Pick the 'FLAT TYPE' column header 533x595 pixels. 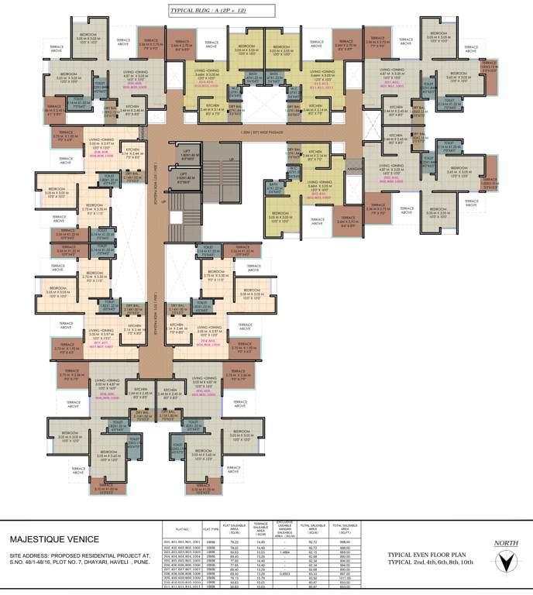(x=211, y=529)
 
